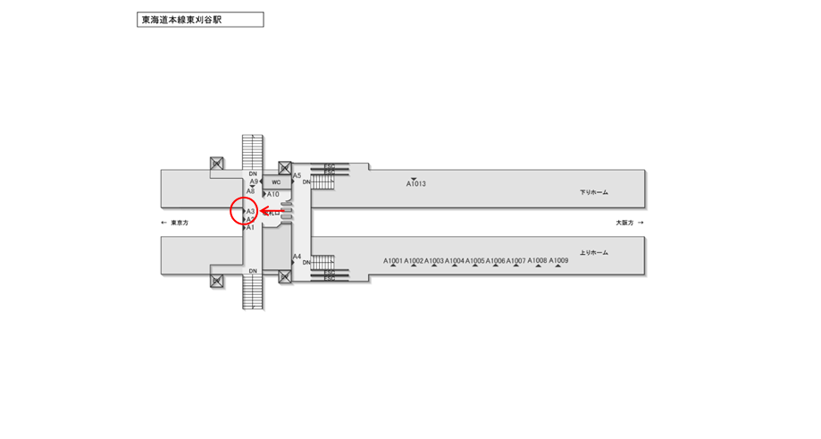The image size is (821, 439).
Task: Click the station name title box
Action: tap(200, 20)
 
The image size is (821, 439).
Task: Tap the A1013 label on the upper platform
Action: tap(416, 184)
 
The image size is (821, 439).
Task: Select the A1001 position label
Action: tap(393, 261)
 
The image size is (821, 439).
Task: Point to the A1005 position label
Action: tap(474, 261)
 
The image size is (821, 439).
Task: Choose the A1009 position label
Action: tap(558, 261)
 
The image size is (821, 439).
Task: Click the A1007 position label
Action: tap(516, 261)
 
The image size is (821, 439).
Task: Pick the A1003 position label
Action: tap(434, 261)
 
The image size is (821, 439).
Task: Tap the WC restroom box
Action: tap(277, 182)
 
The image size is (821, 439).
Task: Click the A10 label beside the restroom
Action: tap(273, 194)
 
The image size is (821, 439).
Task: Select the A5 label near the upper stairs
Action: tap(297, 175)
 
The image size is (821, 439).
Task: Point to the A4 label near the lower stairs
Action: tap(297, 257)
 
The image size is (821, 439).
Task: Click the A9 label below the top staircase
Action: tap(254, 182)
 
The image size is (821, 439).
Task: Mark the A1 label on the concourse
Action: tap(251, 228)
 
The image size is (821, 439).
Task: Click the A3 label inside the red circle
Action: tap(251, 211)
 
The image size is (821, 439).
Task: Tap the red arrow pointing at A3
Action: tap(270, 212)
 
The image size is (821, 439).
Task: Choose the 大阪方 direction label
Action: tap(624, 223)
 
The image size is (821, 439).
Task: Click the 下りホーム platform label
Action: tap(593, 192)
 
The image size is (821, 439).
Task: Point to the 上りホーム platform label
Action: tap(593, 253)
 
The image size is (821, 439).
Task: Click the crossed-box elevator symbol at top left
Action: tap(216, 164)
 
